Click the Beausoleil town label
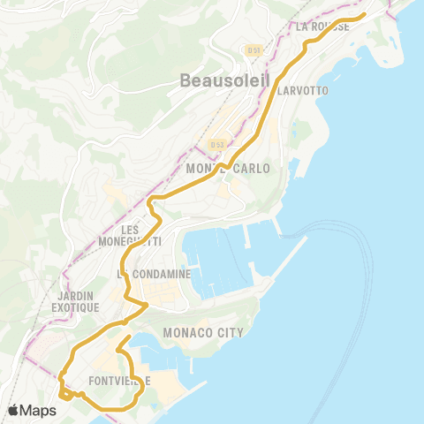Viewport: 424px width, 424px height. [x=219, y=79]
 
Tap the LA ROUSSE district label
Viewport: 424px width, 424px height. [x=323, y=26]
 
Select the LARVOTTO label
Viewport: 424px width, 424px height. [x=302, y=91]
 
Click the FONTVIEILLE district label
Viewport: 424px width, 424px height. [x=120, y=381]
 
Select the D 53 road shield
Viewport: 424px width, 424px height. [x=217, y=143]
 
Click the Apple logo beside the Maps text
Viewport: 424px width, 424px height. [x=15, y=410]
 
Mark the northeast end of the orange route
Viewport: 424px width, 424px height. [x=364, y=14]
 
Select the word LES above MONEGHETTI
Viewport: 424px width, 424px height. [x=131, y=229]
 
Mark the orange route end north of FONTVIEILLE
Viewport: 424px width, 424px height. [x=129, y=337]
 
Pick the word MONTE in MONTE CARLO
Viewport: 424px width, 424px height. [x=205, y=168]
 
